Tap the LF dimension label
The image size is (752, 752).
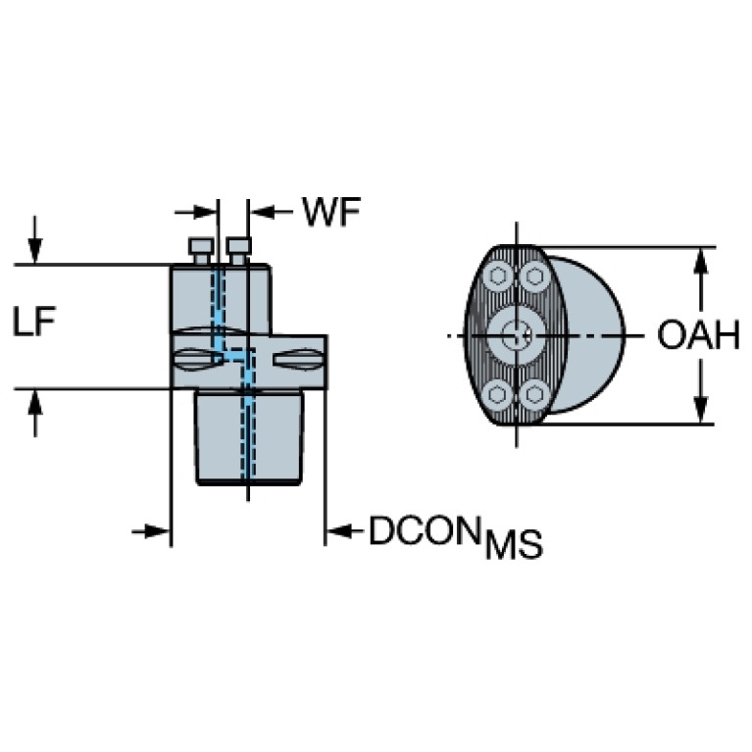(34, 323)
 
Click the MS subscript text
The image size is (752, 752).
(514, 545)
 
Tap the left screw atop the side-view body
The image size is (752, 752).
(201, 250)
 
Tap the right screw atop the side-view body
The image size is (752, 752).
(237, 250)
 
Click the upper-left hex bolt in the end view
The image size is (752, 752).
(499, 276)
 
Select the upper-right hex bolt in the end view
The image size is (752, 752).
(533, 276)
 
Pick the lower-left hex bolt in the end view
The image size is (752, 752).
(499, 395)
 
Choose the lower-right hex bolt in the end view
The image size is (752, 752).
(533, 395)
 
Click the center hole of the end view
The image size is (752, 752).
(516, 335)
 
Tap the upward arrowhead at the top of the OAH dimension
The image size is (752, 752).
(701, 259)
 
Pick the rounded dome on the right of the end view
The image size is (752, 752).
(592, 333)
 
